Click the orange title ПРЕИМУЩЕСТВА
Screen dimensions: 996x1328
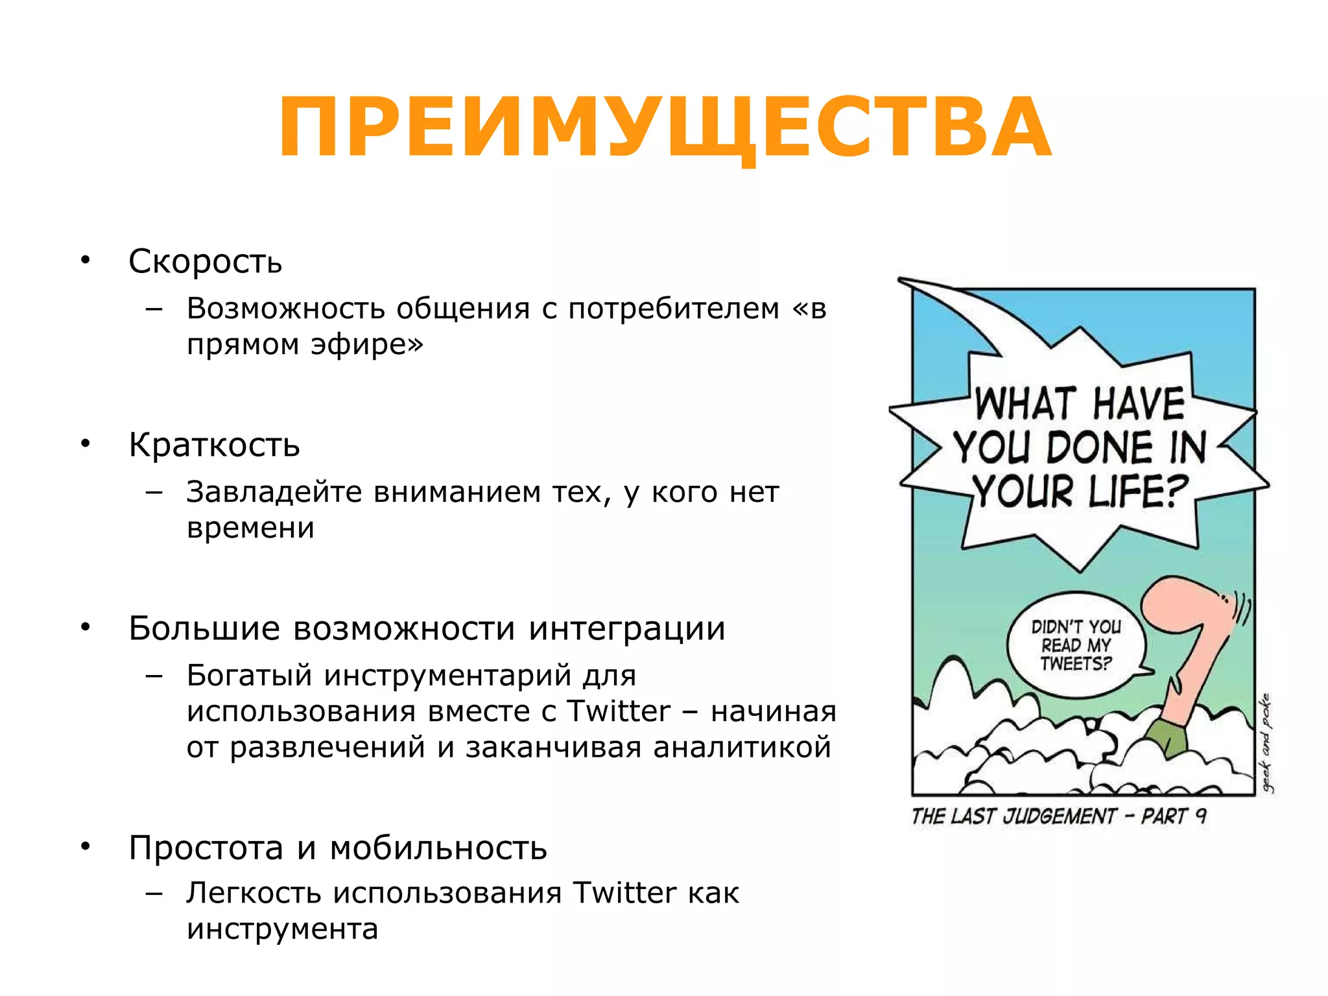point(664,127)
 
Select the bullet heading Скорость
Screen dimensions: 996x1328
point(205,261)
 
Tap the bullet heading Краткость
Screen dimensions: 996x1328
point(214,445)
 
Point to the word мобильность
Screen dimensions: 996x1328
point(438,848)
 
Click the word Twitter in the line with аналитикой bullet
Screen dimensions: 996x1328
point(619,711)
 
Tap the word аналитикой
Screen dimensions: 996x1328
point(742,747)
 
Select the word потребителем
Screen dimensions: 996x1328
point(674,309)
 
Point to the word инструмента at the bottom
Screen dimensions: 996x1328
point(282,929)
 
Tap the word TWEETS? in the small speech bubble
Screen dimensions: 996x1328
point(1075,664)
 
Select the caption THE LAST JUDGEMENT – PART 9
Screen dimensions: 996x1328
point(1058,816)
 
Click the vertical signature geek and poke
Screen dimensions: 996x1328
point(1266,743)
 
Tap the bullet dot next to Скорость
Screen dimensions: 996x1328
point(85,261)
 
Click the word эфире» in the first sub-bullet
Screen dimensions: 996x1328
point(366,344)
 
